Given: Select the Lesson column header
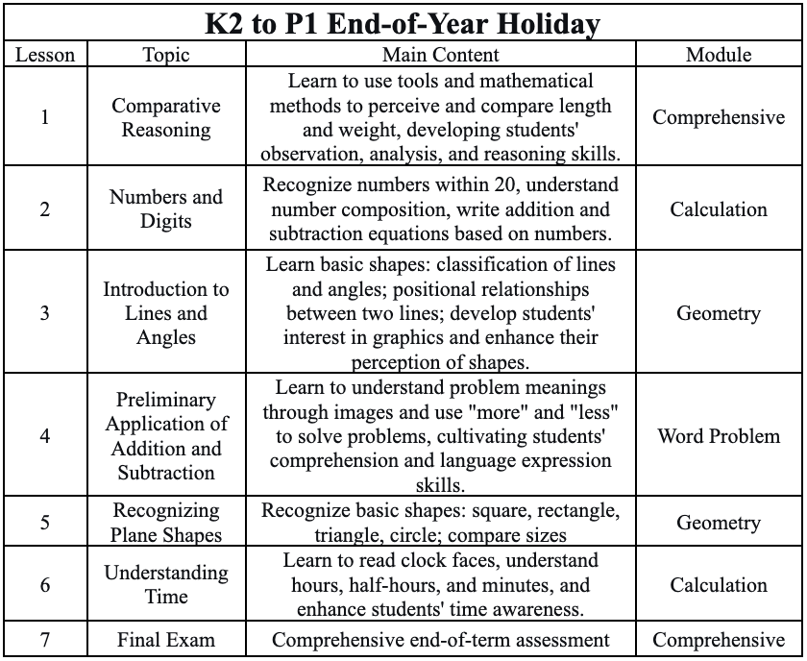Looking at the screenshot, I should tap(45, 55).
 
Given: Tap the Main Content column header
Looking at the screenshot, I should tap(441, 55).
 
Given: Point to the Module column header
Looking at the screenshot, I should tap(719, 55).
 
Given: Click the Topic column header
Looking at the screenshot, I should tap(166, 55).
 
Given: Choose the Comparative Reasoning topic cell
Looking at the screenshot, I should tap(166, 117).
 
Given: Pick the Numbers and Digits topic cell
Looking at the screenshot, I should tap(166, 208).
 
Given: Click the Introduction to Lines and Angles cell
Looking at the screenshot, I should tap(166, 313).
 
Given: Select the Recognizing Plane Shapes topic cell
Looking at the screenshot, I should tap(166, 523).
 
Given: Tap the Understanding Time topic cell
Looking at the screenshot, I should tap(166, 584).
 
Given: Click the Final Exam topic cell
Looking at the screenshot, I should tap(166, 640).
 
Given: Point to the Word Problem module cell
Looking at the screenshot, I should tap(719, 436).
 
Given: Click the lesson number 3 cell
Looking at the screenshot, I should tap(45, 313).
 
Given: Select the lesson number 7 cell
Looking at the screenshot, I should tap(45, 640).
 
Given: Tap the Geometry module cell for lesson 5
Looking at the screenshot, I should tap(719, 523).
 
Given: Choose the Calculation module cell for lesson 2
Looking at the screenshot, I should tap(719, 208).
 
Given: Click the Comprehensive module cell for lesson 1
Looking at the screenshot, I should tap(719, 117).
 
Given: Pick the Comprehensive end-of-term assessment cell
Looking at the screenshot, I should tap(441, 640).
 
